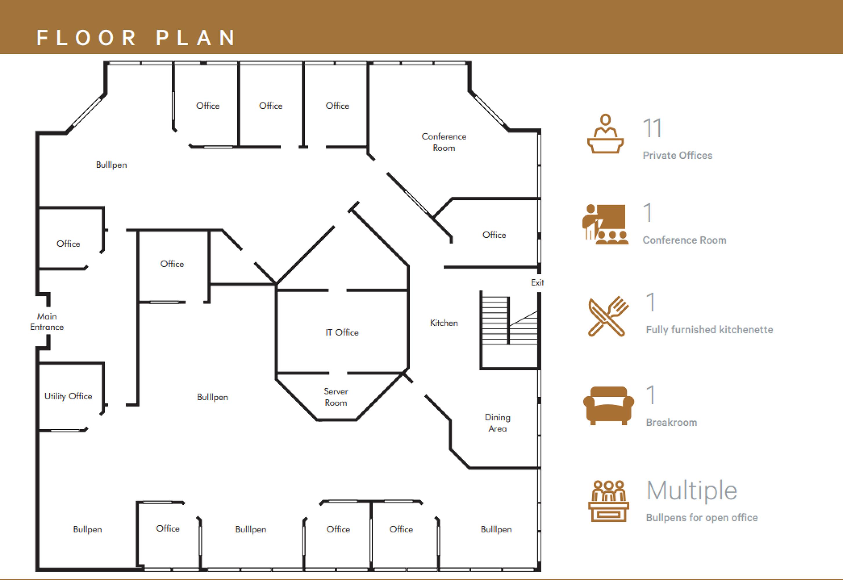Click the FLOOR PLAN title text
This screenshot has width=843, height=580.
(x=136, y=38)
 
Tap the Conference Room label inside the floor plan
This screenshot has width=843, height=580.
(x=444, y=142)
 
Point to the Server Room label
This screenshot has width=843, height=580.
(x=336, y=397)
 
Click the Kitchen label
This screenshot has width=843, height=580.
(x=444, y=323)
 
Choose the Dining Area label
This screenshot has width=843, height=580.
(x=497, y=423)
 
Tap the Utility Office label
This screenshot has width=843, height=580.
(x=68, y=396)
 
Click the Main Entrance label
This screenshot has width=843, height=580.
(x=47, y=322)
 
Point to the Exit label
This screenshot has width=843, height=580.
(x=537, y=282)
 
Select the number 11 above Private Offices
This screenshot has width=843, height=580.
(x=652, y=128)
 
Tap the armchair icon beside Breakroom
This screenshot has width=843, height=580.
(x=609, y=405)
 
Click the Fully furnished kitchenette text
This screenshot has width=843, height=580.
(x=709, y=330)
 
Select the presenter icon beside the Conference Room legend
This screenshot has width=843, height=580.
(x=605, y=224)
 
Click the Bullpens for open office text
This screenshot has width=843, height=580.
(x=702, y=517)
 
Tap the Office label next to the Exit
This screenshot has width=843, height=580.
(x=494, y=235)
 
